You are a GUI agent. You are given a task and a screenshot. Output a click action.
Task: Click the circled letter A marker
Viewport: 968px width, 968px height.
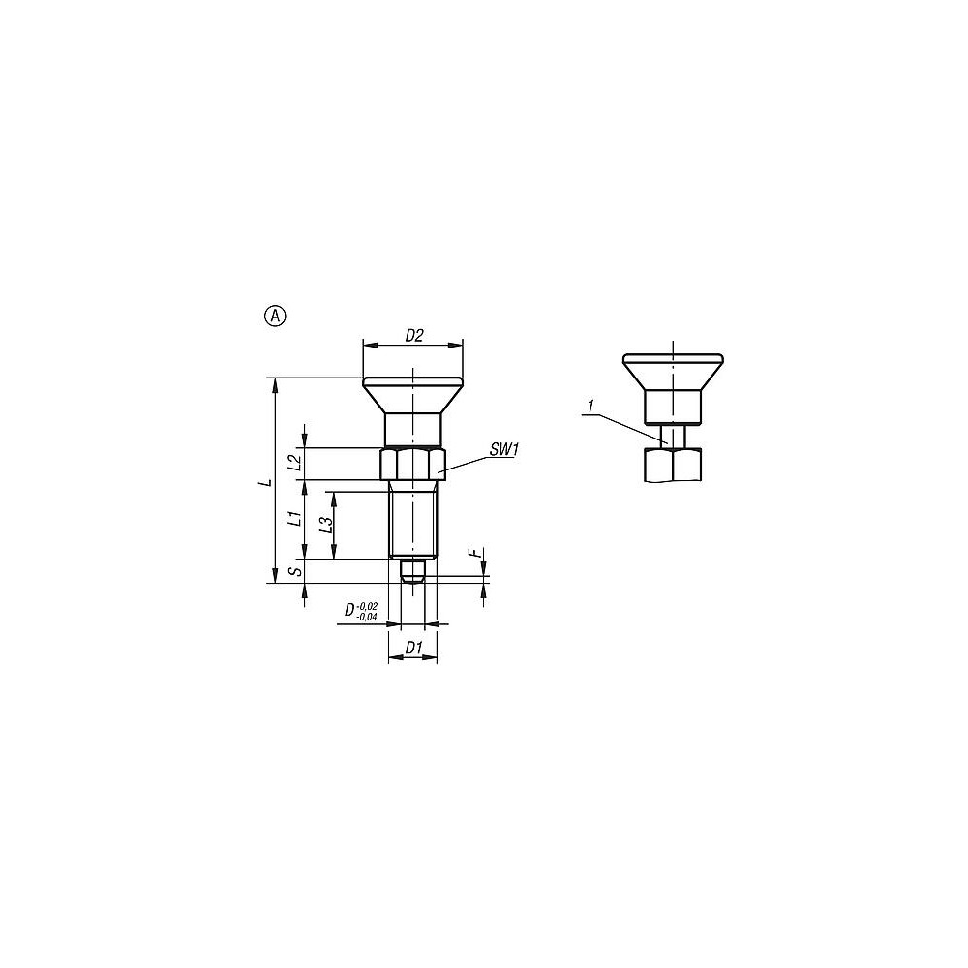point(275,317)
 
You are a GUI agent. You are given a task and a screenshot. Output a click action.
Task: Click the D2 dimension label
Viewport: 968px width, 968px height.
point(414,336)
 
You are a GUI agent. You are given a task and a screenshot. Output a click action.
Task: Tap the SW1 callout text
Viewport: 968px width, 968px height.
point(503,450)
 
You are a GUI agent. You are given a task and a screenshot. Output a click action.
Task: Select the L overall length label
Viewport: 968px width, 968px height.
point(266,480)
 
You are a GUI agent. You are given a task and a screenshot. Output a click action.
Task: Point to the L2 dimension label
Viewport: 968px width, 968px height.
point(295,463)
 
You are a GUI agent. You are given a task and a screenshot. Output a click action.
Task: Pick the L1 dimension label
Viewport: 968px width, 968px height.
point(297,518)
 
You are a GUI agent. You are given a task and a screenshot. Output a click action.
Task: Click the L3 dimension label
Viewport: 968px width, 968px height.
point(326,525)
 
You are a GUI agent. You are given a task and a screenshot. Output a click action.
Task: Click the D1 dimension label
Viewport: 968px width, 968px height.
point(413,648)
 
